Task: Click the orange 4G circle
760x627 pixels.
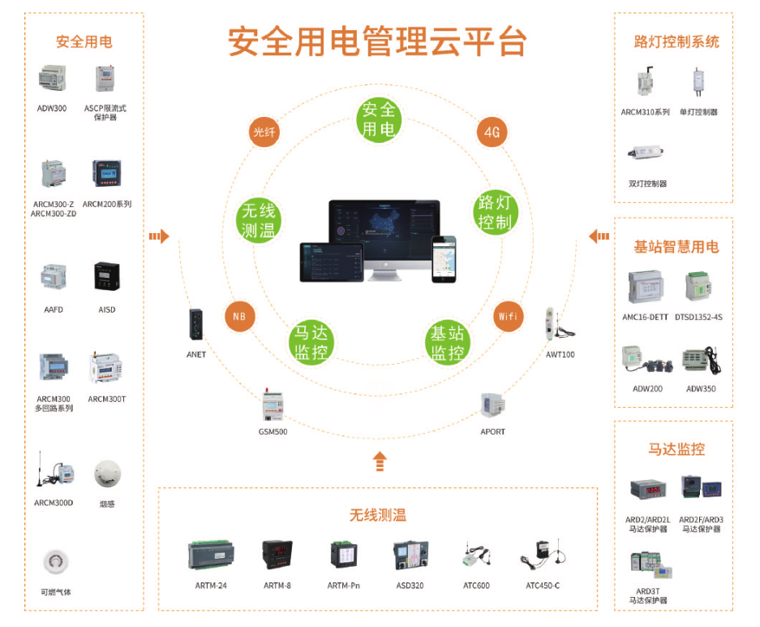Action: (x=492, y=132)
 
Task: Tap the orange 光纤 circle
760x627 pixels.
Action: (x=264, y=132)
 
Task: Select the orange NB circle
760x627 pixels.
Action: (x=239, y=317)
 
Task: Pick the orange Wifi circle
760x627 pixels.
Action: (x=508, y=316)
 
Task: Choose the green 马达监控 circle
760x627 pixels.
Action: (x=311, y=342)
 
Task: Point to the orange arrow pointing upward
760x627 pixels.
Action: (x=379, y=461)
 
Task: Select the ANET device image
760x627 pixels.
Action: (x=196, y=325)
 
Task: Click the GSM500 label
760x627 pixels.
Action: (x=273, y=431)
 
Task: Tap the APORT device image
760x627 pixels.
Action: (x=492, y=406)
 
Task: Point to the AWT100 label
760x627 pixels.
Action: (x=560, y=354)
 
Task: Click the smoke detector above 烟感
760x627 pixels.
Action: (x=107, y=473)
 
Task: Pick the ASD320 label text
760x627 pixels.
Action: (x=409, y=586)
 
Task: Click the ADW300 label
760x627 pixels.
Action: (x=52, y=108)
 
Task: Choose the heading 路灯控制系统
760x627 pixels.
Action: (x=676, y=41)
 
